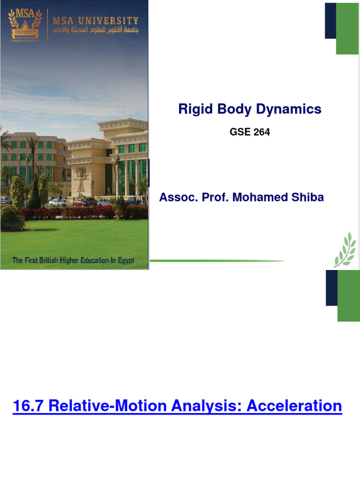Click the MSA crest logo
[25, 26]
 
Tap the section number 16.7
[28, 405]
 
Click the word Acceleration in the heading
[294, 405]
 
